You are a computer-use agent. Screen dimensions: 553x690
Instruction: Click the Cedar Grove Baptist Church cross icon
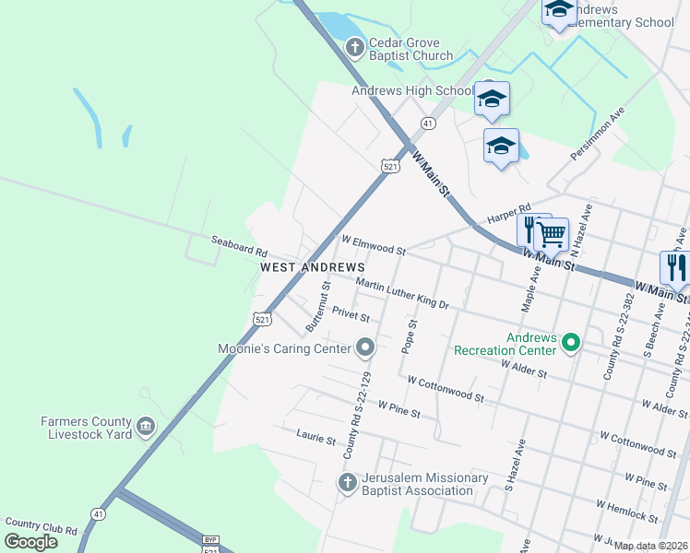pyautogui.click(x=354, y=46)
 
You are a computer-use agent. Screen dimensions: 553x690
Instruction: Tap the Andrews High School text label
pyautogui.click(x=412, y=91)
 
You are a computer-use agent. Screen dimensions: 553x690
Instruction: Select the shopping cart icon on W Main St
pyautogui.click(x=552, y=235)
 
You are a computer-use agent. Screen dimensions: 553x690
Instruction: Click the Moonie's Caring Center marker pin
pyautogui.click(x=365, y=347)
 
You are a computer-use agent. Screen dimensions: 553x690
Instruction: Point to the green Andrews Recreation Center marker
pyautogui.click(x=571, y=343)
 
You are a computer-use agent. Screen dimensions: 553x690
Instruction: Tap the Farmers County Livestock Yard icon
pyautogui.click(x=146, y=426)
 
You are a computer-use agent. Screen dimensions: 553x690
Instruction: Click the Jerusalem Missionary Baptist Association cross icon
pyautogui.click(x=348, y=483)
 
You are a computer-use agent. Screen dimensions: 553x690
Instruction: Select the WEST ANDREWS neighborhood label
pyautogui.click(x=313, y=266)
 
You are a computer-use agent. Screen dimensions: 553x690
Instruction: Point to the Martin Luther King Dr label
pyautogui.click(x=401, y=293)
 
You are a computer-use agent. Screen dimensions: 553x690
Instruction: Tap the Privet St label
pyautogui.click(x=351, y=316)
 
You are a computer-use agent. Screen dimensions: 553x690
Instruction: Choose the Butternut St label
pyautogui.click(x=317, y=308)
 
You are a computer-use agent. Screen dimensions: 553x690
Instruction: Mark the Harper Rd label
pyautogui.click(x=509, y=214)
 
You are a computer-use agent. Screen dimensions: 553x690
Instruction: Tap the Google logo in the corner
pyautogui.click(x=30, y=542)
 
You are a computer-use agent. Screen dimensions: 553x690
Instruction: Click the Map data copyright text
pyautogui.click(x=651, y=546)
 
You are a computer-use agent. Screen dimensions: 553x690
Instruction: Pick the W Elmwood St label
pyautogui.click(x=374, y=245)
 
